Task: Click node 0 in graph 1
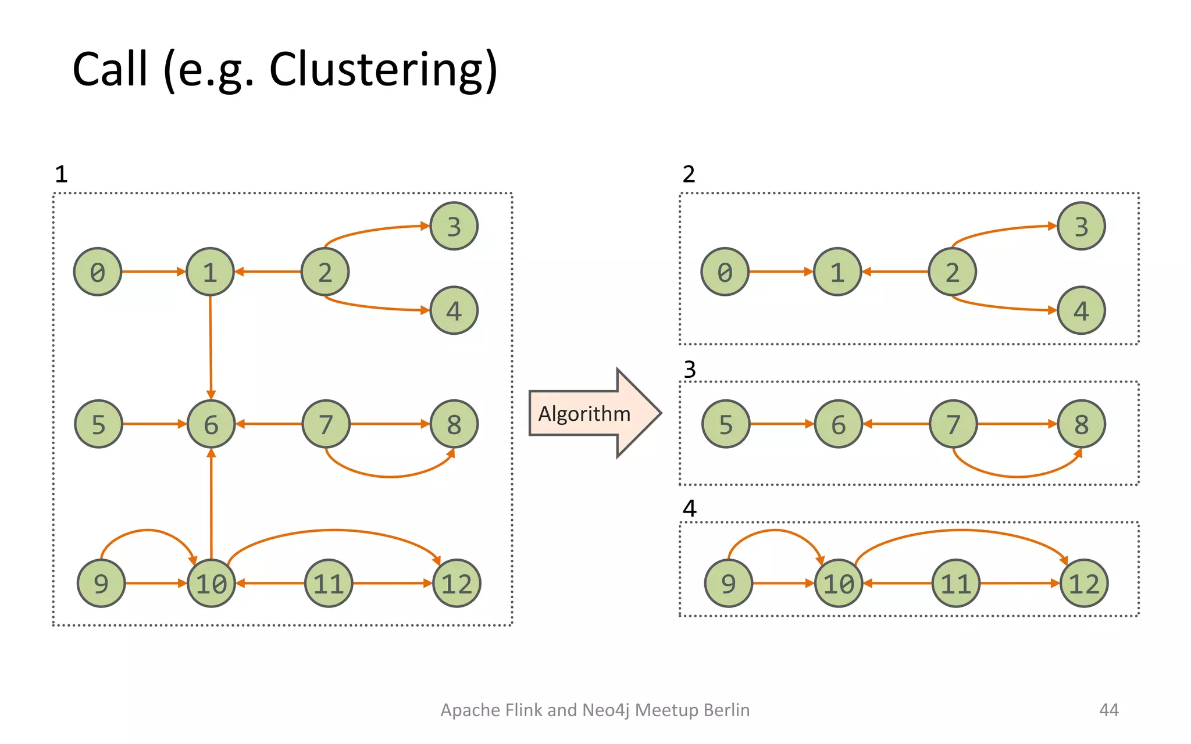[98, 272]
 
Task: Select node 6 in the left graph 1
[211, 424]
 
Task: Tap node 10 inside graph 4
[838, 584]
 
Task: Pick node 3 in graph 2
[1081, 226]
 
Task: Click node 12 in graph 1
[457, 584]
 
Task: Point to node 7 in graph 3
[953, 424]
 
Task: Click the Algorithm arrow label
[584, 414]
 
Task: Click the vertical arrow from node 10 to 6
[211, 506]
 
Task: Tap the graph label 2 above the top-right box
[689, 174]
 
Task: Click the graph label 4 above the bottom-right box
[689, 509]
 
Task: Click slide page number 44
[1108, 710]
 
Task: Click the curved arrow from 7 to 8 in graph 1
[390, 475]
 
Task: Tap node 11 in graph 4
[956, 584]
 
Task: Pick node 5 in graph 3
[726, 424]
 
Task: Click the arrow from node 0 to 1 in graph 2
[780, 271]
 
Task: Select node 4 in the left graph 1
[454, 310]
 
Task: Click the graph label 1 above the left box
[61, 174]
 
